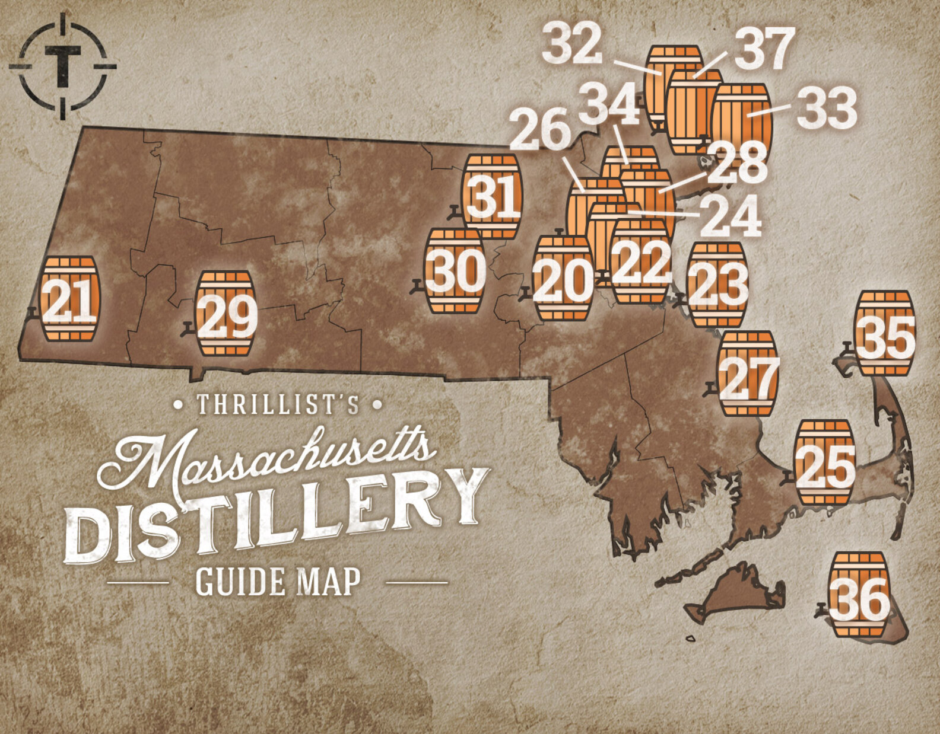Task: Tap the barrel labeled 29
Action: (226, 314)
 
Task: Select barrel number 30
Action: (455, 271)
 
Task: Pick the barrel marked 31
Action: (491, 197)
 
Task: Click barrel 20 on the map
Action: (563, 278)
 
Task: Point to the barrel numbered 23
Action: (717, 285)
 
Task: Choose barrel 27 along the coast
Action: (747, 374)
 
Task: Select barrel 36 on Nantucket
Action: (860, 595)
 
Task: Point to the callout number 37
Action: (764, 49)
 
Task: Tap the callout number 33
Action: (827, 108)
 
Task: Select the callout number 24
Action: (729, 216)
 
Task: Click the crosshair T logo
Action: (63, 66)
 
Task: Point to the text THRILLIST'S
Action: (278, 405)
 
